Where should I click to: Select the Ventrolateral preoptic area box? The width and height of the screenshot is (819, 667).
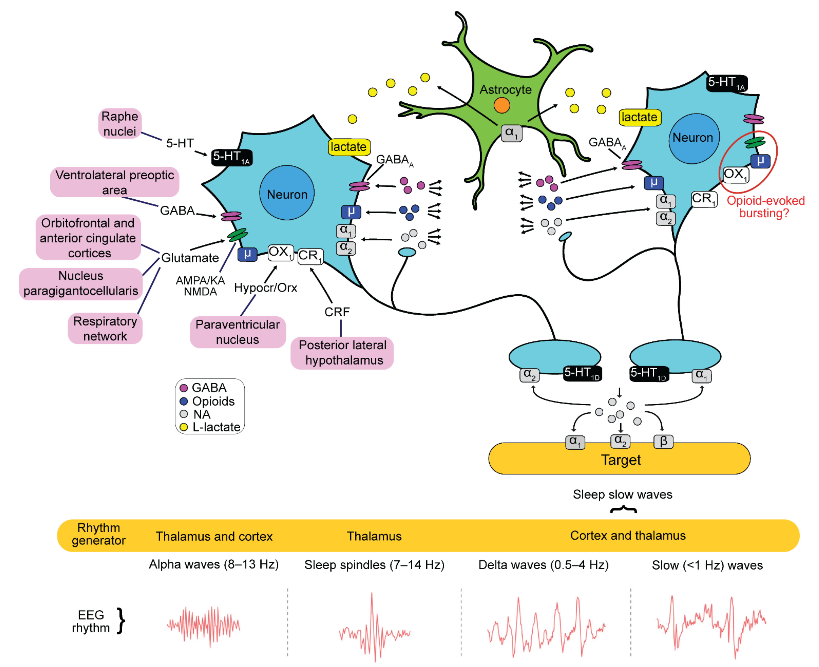click(114, 182)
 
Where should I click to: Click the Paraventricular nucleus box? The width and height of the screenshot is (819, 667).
click(237, 332)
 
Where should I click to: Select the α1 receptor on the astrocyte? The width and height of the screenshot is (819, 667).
click(511, 133)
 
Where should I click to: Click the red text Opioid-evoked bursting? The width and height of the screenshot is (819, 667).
click(765, 207)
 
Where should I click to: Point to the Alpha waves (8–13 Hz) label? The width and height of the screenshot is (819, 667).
click(214, 564)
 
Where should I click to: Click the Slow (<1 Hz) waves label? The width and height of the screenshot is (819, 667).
click(707, 565)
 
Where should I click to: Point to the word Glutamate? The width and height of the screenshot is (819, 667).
click(190, 258)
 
